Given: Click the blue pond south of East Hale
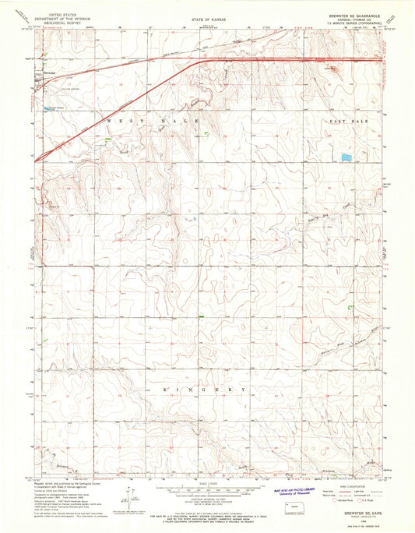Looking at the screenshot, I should click(x=346, y=158).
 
